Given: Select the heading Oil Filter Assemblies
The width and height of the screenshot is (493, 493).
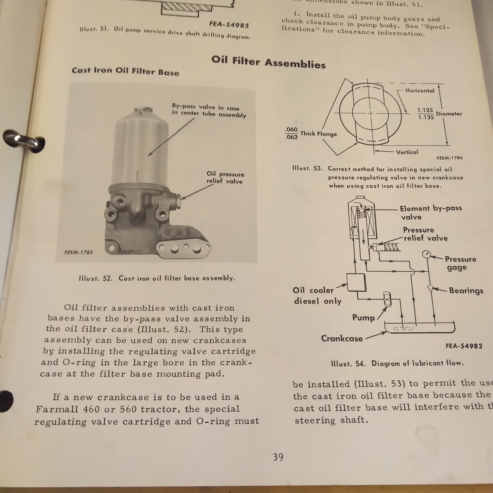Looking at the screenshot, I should coord(268,62).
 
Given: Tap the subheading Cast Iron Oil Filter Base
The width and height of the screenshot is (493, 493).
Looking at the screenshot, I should coord(125,71).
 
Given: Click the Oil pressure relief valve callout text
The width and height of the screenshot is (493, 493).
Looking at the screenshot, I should coord(225,177).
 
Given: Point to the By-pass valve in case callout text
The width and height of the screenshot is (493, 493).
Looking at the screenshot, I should coord(209,111).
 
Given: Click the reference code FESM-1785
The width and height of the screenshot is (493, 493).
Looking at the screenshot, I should coord(78,252).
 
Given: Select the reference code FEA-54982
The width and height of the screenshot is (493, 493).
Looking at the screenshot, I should coord(464,346).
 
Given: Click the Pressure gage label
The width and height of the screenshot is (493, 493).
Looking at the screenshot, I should coord(460,263).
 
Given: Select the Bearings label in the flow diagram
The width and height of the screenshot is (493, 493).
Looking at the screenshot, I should coord(466,290).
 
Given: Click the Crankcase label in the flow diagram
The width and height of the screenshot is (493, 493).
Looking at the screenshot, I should coord(342,339).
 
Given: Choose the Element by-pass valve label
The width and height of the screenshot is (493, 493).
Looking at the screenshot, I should coord(431,212).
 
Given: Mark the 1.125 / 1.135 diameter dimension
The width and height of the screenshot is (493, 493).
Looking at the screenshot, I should coord(425,113).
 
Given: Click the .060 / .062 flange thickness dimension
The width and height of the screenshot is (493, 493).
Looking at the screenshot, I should coord(291,133).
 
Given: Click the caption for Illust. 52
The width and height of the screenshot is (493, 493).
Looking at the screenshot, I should coord(157,278).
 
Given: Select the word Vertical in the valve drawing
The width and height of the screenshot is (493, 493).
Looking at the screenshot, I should coord(407,152).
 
